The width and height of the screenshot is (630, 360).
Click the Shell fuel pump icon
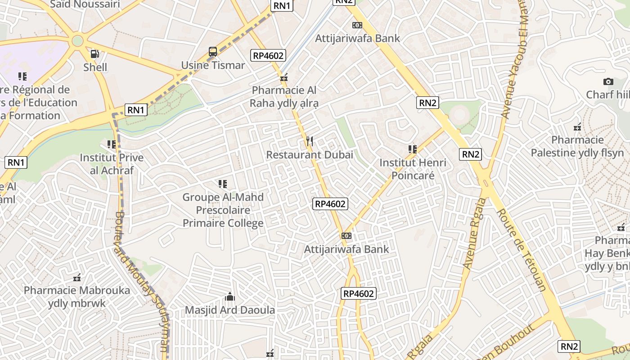95,54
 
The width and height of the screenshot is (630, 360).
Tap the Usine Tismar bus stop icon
213,52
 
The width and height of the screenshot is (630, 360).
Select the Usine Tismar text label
213,65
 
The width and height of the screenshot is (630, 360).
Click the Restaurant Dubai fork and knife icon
309,141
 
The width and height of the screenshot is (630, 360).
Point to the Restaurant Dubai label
310,155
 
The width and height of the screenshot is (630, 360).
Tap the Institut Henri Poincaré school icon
412,149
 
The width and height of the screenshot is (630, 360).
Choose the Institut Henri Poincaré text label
413,169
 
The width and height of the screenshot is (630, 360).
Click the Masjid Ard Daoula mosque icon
230,297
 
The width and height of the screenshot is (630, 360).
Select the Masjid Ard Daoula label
230,310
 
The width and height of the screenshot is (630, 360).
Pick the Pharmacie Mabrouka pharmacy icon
77,277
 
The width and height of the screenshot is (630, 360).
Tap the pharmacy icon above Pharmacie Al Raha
284,77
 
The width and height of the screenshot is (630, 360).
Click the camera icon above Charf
608,81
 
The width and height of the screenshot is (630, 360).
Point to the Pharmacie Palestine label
577,146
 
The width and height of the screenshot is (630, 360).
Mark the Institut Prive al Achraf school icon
111,144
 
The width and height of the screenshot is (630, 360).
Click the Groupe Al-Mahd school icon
223,184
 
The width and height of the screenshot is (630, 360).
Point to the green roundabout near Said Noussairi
77,41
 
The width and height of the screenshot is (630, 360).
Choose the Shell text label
95,67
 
